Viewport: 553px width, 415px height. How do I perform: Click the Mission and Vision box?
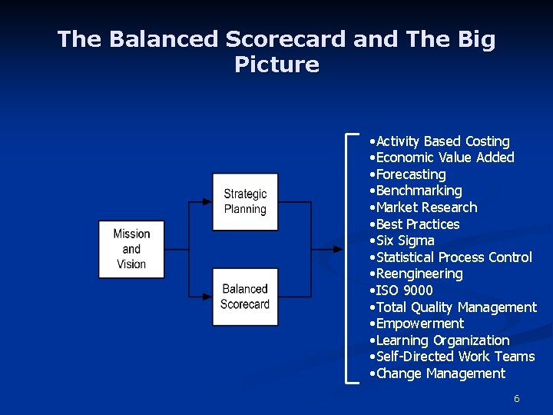pyautogui.click(x=131, y=249)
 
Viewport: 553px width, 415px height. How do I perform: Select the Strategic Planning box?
pyautogui.click(x=245, y=201)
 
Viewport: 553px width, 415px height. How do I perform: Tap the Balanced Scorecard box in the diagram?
pyautogui.click(x=245, y=297)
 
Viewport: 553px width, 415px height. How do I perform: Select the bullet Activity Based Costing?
pyautogui.click(x=439, y=141)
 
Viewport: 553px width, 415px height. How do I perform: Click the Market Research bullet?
pyautogui.click(x=422, y=207)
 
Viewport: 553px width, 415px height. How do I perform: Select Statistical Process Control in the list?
pyautogui.click(x=449, y=257)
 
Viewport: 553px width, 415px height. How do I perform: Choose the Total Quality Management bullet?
pyautogui.click(x=452, y=307)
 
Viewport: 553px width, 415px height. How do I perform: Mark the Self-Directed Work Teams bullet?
pyautogui.click(x=452, y=357)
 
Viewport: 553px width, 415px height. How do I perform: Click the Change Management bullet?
pyautogui.click(x=436, y=373)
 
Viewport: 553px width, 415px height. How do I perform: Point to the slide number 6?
pyautogui.click(x=517, y=399)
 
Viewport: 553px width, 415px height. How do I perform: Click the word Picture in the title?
pyautogui.click(x=276, y=65)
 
